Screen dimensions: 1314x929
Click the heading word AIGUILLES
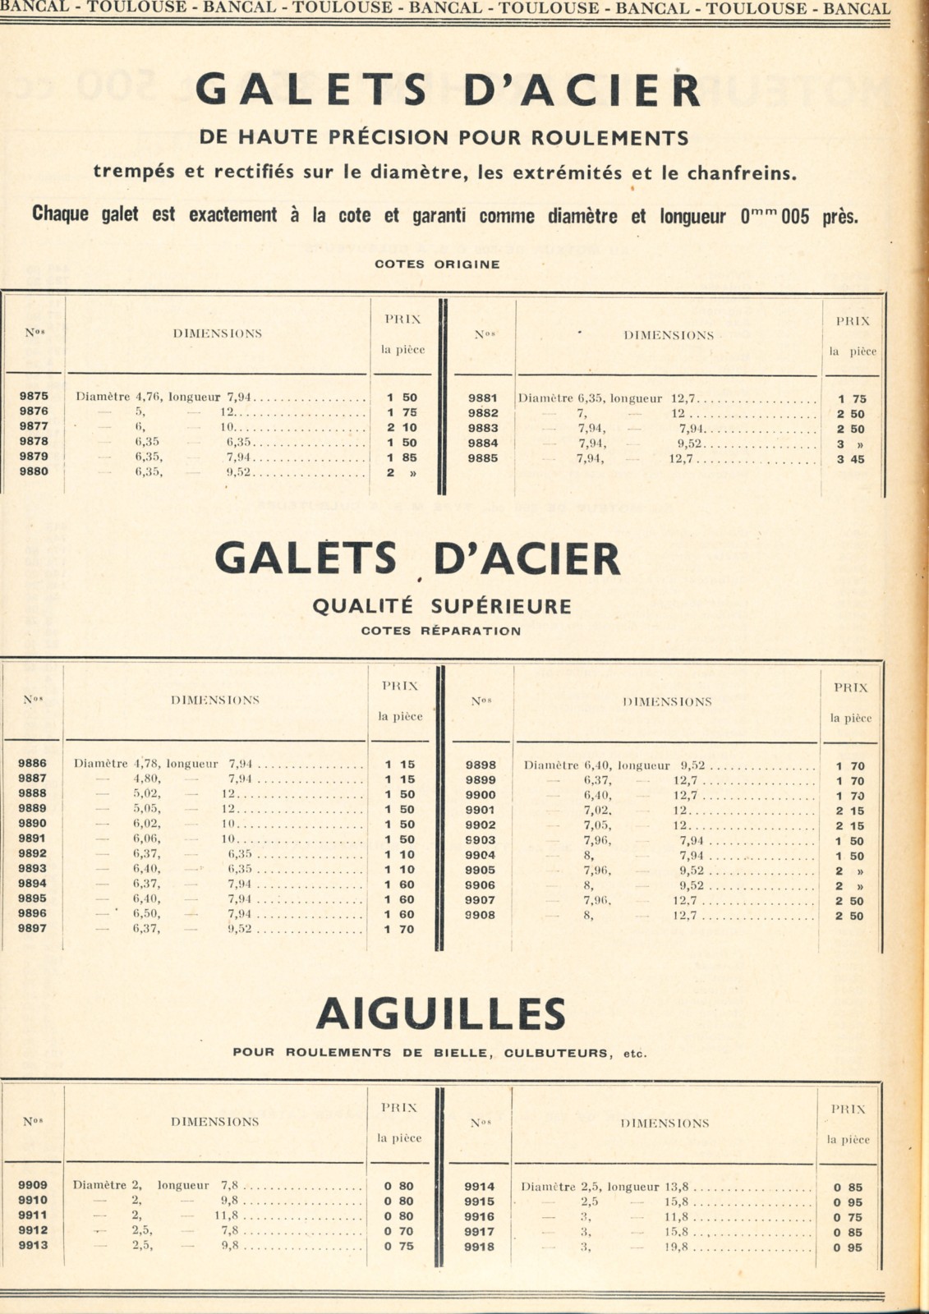tap(441, 1014)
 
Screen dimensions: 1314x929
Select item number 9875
tap(34, 396)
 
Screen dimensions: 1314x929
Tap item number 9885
tap(483, 458)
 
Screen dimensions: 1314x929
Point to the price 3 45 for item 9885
tap(851, 459)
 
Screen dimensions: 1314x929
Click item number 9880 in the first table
tap(34, 471)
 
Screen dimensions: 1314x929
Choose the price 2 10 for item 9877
tap(402, 427)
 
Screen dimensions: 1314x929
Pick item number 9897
tap(32, 928)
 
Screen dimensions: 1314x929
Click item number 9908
tap(481, 915)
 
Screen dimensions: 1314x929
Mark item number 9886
tap(32, 763)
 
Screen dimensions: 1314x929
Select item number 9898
tap(481, 765)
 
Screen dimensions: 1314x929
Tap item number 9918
tap(479, 1247)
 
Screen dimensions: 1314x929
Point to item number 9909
tap(33, 1185)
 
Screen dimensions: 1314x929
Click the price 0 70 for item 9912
tap(398, 1231)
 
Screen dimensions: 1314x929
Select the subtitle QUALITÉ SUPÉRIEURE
tap(441, 606)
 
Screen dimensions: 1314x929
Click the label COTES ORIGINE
tap(437, 264)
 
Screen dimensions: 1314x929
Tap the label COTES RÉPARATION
tap(441, 631)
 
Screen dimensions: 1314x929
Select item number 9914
tap(479, 1186)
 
